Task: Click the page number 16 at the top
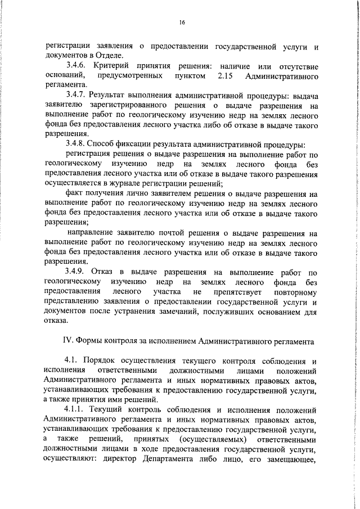pos(182,22)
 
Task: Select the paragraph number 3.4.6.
pos(78,66)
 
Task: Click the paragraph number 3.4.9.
pos(78,272)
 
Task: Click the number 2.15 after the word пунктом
pos(226,75)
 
